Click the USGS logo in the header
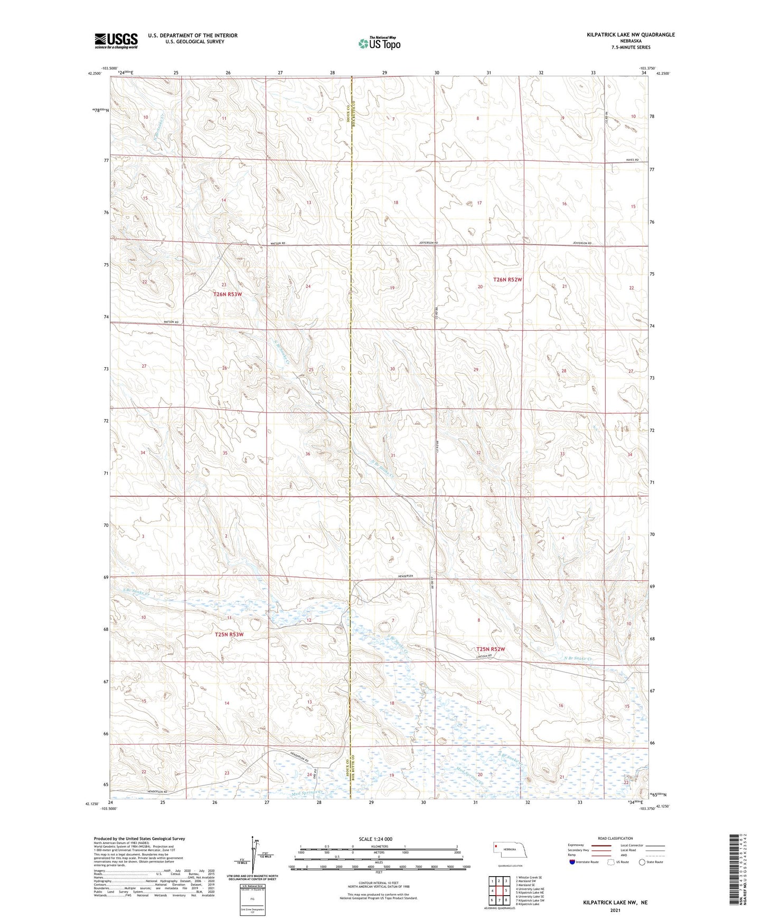116,41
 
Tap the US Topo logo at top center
379,43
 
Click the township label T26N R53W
228,294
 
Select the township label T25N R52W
491,649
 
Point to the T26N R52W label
507,280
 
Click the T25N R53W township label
229,635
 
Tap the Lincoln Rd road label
484,656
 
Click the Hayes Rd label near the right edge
633,160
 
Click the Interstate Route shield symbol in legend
572,862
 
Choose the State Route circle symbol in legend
642,862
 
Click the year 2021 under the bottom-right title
615,910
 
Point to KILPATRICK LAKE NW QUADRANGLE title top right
630,35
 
